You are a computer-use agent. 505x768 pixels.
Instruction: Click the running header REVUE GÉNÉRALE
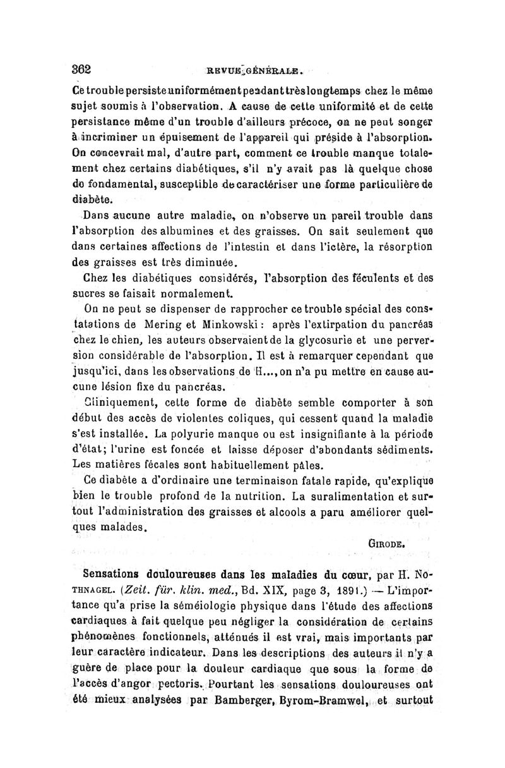(256, 71)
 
